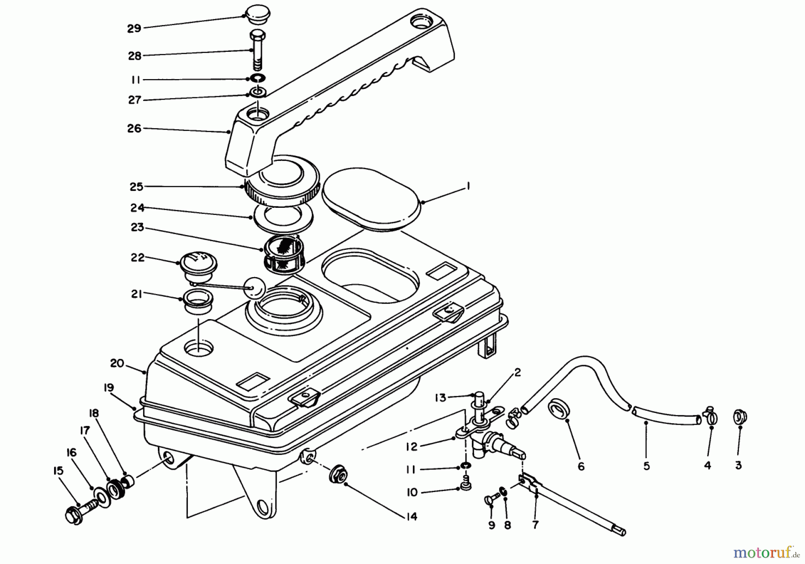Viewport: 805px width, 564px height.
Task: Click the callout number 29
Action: [134, 29]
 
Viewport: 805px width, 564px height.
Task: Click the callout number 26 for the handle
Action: [133, 129]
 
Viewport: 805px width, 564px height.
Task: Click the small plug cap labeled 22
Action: [195, 267]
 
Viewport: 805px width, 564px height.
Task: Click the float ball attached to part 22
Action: [254, 287]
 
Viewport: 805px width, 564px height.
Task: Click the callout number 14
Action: [411, 517]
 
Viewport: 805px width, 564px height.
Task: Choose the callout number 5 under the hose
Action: [647, 466]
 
